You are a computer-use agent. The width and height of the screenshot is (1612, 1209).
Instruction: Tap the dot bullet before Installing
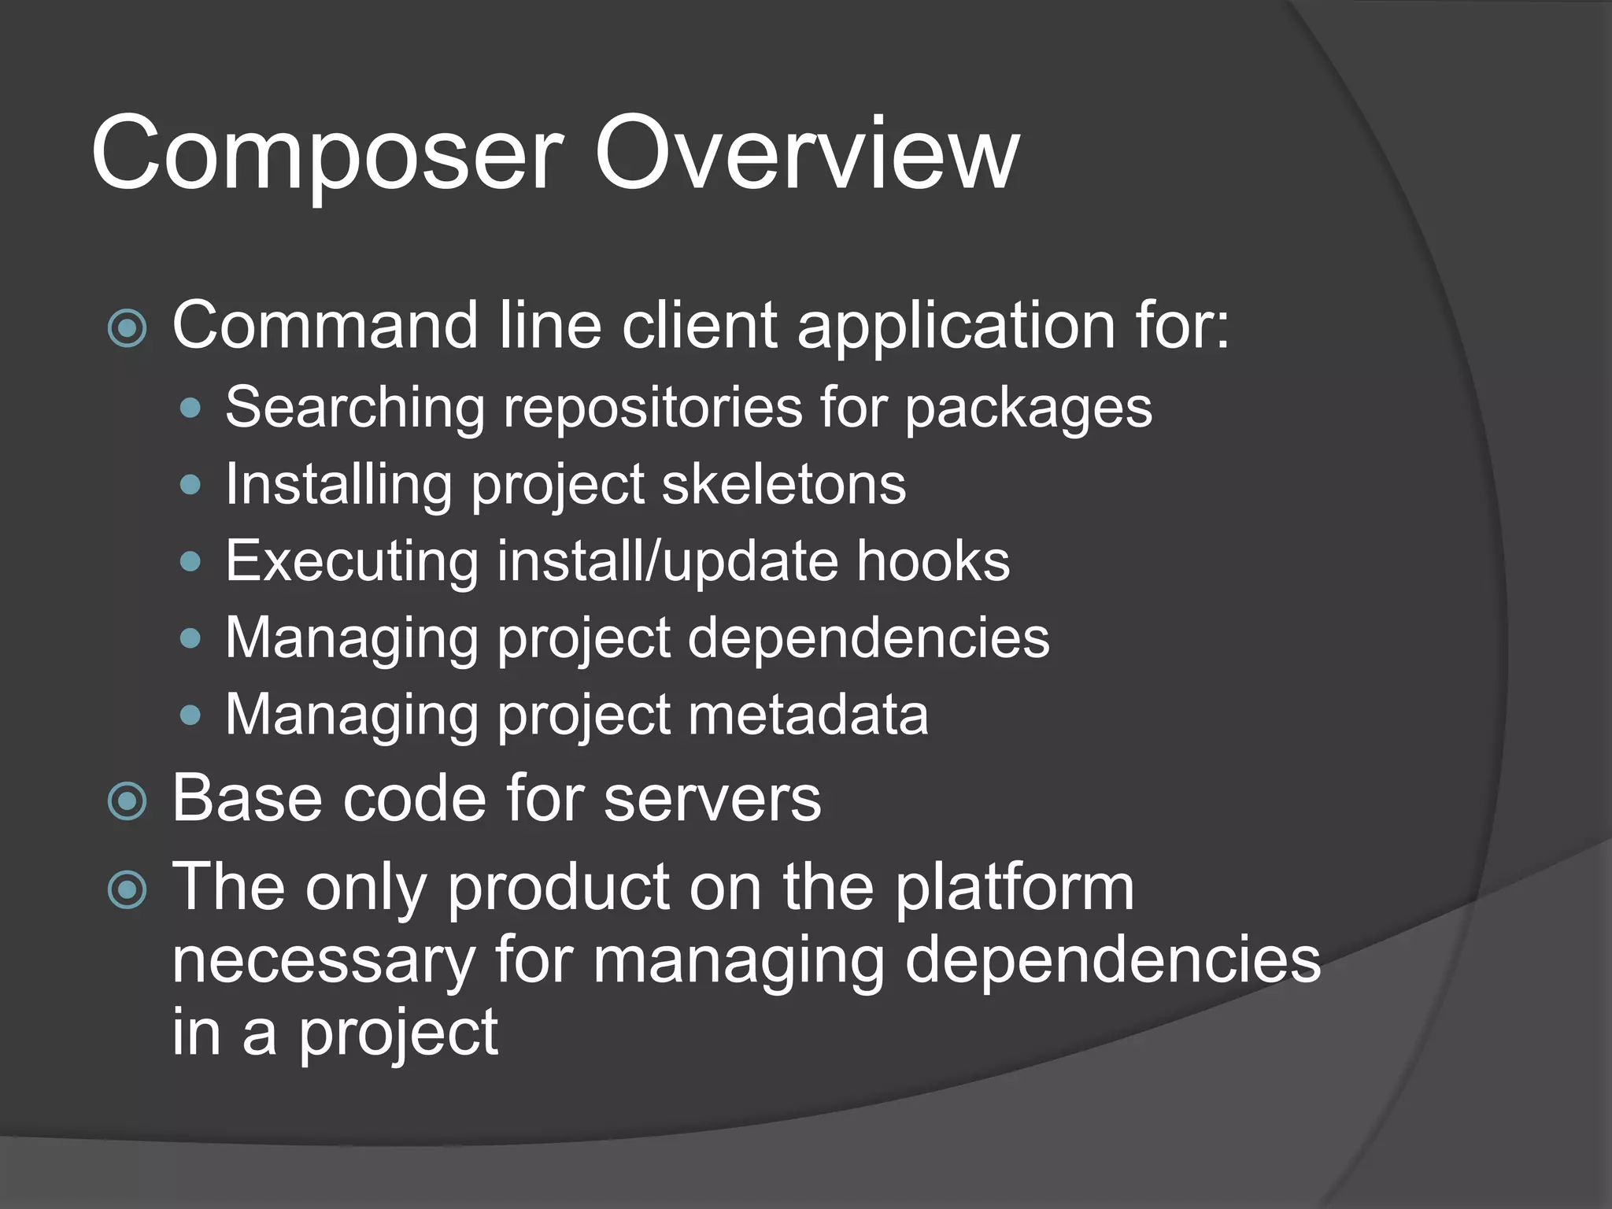pos(190,485)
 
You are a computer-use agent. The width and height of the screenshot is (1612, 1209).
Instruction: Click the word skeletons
pos(784,484)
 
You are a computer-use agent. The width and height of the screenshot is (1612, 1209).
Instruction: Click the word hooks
pos(933,560)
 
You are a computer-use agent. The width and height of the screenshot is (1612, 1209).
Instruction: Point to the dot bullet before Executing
pos(190,561)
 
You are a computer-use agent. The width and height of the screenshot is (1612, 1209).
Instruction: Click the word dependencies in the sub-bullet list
pos(869,637)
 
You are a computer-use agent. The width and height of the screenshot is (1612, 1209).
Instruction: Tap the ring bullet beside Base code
pos(128,801)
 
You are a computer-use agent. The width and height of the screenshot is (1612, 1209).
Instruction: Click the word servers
pos(712,800)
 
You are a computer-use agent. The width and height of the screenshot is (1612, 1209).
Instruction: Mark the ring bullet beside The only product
pos(128,889)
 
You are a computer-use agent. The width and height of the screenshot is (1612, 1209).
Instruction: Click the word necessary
pos(324,960)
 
